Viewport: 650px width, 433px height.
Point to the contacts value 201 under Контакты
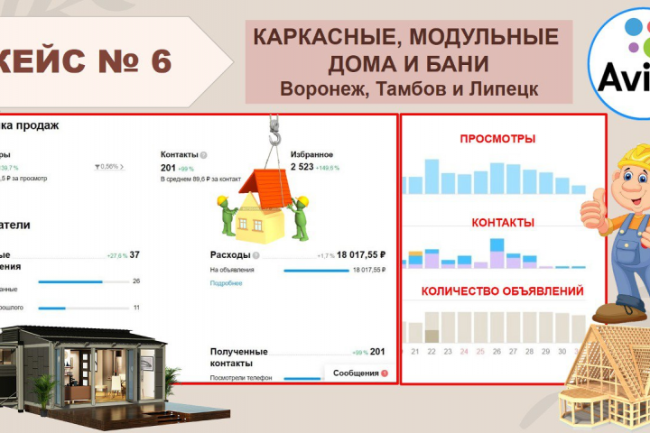click(168, 167)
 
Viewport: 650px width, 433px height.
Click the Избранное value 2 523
click(305, 167)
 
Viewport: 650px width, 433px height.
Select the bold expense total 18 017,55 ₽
click(356, 254)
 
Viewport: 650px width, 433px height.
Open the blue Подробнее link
click(226, 283)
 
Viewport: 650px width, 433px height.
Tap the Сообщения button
click(355, 373)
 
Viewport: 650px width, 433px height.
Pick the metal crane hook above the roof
click(274, 134)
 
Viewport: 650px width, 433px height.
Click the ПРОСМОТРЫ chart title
click(497, 139)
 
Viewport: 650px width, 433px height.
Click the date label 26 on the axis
click(497, 351)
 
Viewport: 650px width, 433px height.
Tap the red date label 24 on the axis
click(464, 351)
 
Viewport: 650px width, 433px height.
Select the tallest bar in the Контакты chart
click(497, 253)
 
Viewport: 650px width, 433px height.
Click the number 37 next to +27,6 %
click(135, 254)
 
